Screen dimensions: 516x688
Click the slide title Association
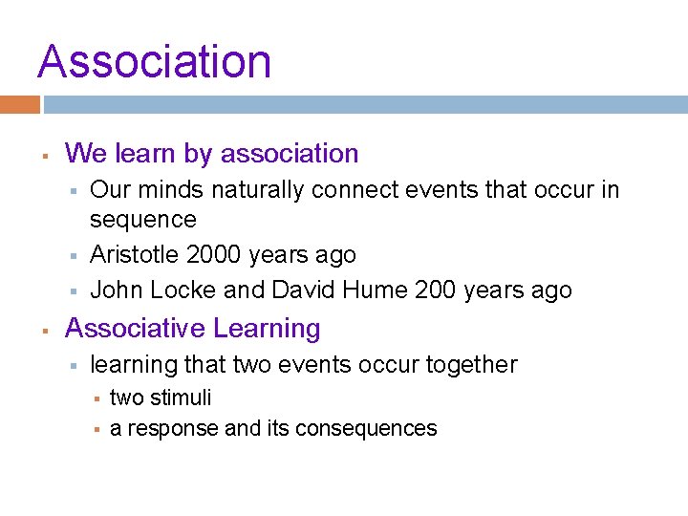tap(154, 61)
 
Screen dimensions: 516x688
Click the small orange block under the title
tap(20, 104)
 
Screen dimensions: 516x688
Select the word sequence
tap(142, 220)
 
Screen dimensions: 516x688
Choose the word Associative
tap(135, 329)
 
